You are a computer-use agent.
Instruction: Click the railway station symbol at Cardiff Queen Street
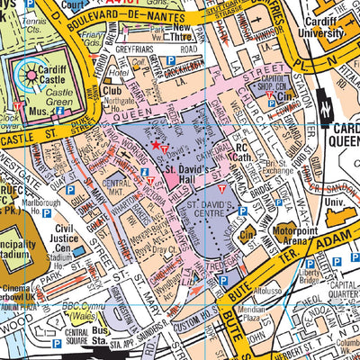click(x=321, y=107)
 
